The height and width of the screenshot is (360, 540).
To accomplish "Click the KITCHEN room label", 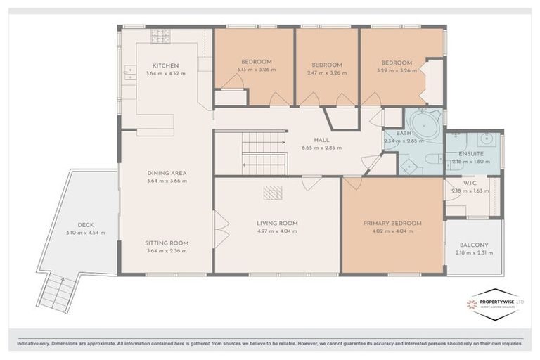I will point(167,65).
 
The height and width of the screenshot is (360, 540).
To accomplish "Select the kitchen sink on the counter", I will point(130,71).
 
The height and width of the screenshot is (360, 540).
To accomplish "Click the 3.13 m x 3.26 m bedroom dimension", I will point(256,70).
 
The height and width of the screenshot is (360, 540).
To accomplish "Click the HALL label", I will point(323,140).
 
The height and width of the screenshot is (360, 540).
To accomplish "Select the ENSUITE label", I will point(471,153).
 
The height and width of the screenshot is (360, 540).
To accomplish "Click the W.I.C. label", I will point(471,185).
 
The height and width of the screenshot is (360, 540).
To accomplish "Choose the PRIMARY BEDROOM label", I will point(392,224).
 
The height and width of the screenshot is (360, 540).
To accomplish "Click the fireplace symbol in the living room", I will point(271,191).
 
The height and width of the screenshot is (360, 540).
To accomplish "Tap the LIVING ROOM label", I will point(277,224).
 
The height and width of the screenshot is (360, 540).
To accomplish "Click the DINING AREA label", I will point(167,173).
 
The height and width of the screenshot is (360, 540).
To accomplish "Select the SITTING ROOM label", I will point(167,243).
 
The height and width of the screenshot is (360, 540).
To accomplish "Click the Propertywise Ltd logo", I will point(494,304).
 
